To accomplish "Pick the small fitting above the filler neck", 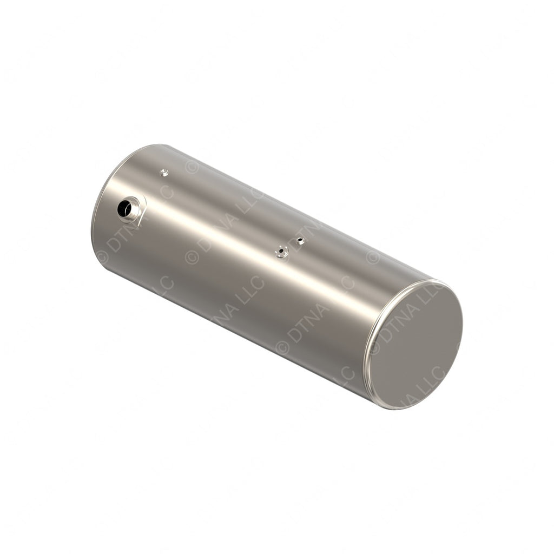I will (164, 173).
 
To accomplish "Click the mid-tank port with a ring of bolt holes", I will (281, 252).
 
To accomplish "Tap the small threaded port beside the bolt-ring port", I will (300, 241).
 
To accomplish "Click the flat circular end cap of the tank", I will (417, 346).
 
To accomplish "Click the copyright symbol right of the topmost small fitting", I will (192, 167).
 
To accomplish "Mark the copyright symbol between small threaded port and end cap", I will (373, 256).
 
